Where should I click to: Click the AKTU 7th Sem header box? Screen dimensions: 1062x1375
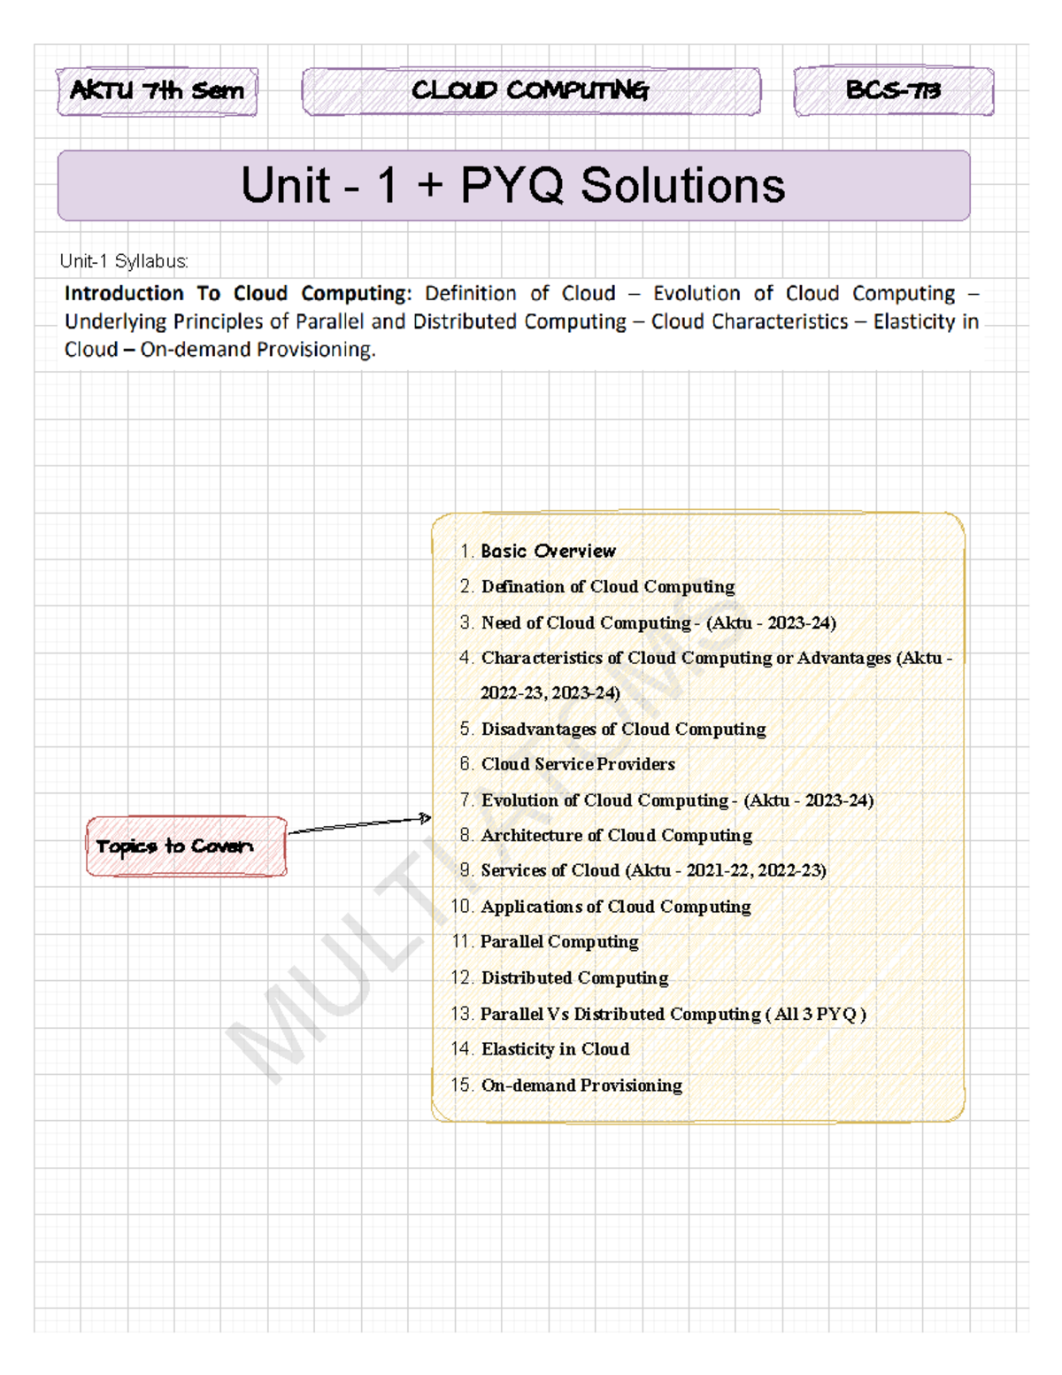click(158, 91)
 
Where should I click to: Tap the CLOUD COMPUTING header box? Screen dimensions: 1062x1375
click(531, 91)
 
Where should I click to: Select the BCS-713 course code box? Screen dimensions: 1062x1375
click(893, 90)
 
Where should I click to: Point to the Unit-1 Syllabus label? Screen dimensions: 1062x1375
click(124, 261)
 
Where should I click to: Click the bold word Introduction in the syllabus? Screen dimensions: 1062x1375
click(124, 293)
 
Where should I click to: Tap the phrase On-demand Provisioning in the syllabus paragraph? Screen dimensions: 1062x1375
click(258, 350)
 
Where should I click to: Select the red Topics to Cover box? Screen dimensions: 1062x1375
click(186, 846)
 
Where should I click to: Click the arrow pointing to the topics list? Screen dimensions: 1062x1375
click(358, 825)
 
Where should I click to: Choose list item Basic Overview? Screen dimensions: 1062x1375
click(548, 551)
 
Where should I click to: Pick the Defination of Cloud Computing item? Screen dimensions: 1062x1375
click(607, 586)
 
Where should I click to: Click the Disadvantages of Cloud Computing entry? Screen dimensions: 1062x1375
click(623, 729)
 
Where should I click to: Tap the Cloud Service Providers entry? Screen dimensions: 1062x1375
click(578, 764)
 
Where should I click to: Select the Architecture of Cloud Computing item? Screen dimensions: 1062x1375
click(616, 835)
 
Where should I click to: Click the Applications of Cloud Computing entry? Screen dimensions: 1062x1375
click(615, 907)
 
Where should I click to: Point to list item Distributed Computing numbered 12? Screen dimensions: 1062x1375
click(574, 977)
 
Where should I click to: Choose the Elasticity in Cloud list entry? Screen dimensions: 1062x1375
click(555, 1049)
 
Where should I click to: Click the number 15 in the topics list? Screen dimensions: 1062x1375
click(461, 1085)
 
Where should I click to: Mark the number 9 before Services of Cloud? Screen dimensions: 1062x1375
click(466, 870)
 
